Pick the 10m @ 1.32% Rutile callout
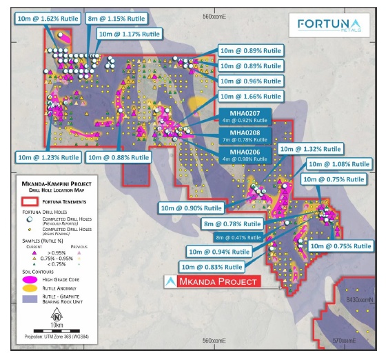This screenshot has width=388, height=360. coord(309,149)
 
